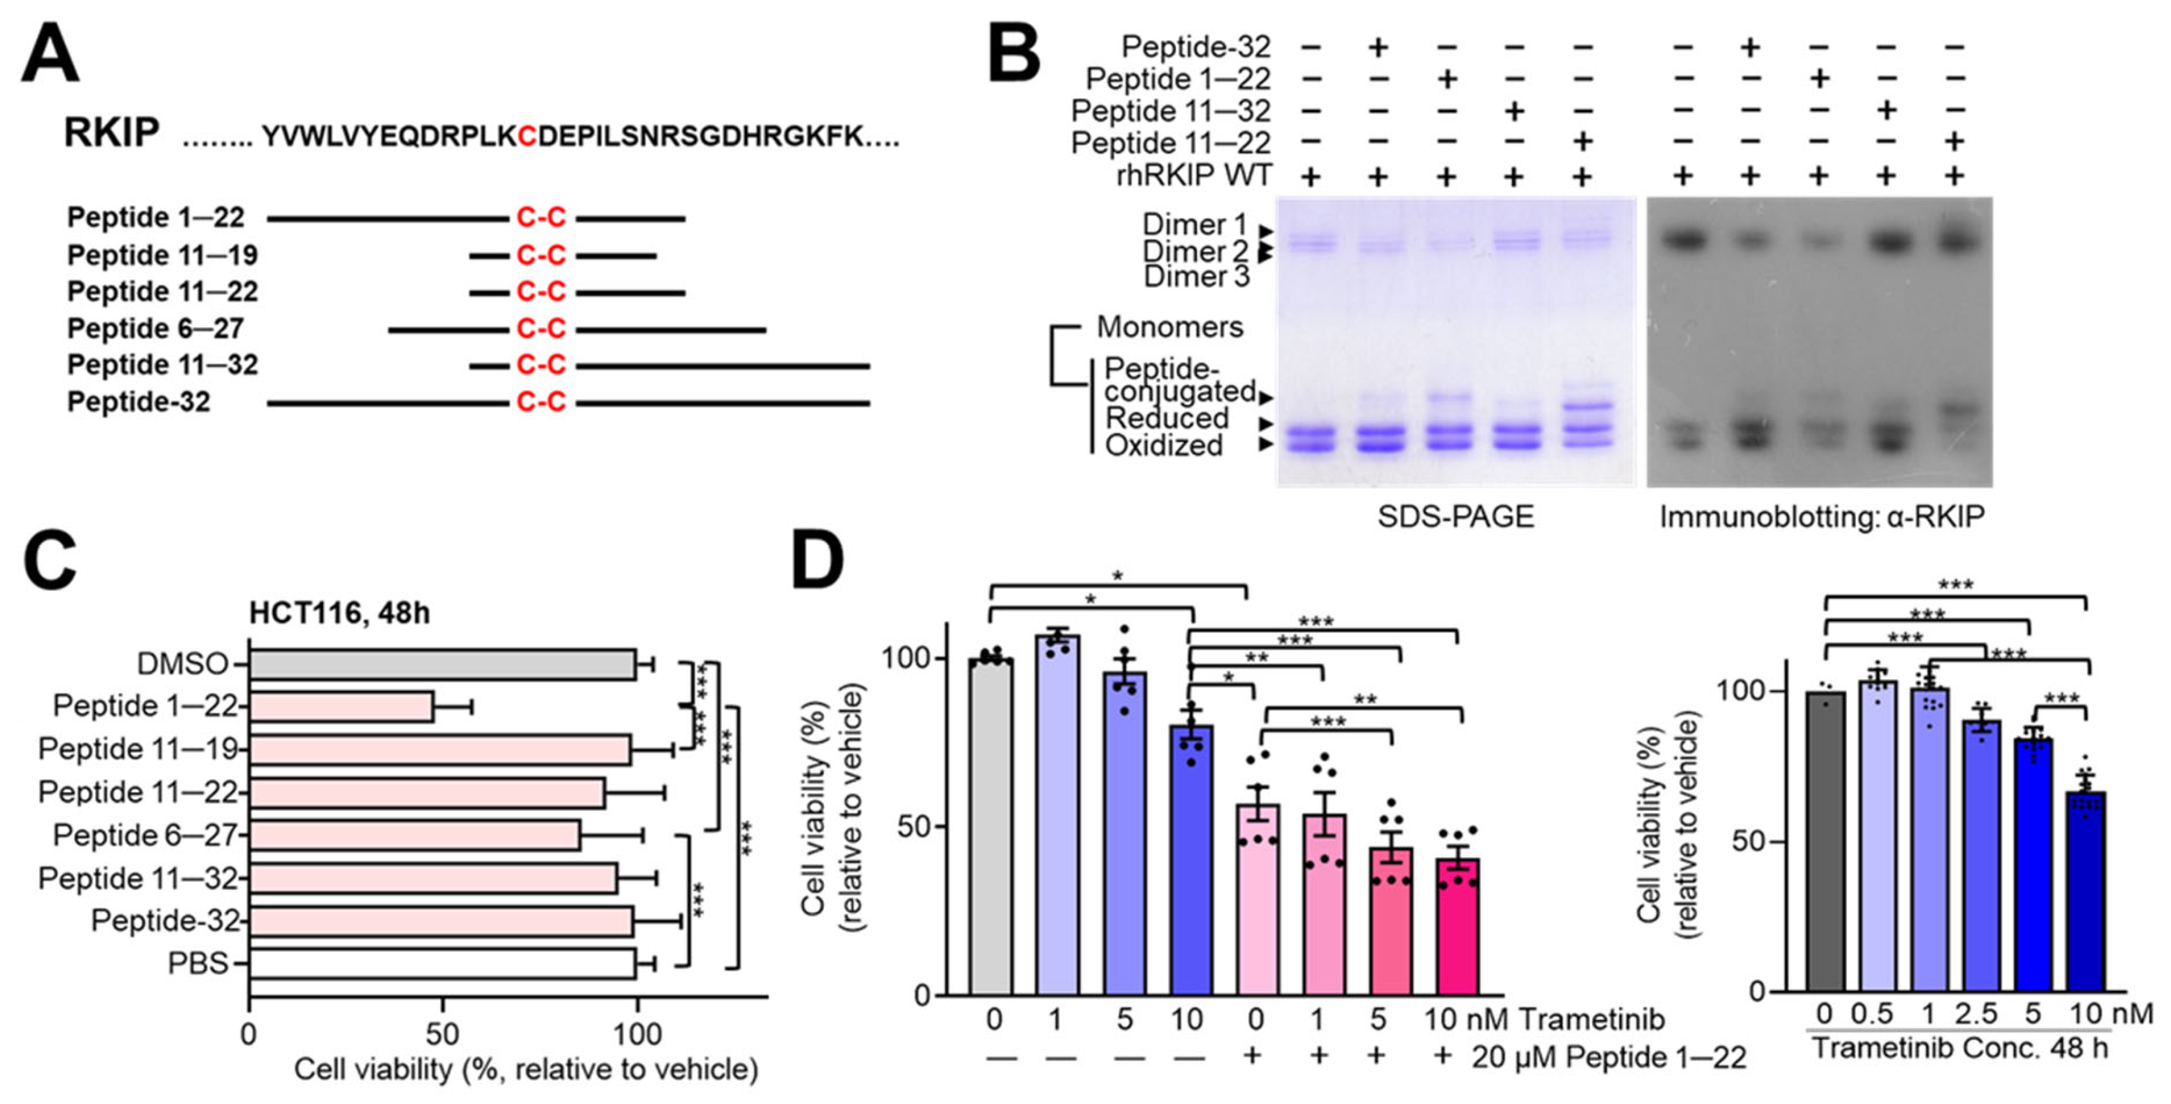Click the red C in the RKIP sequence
coord(527,135)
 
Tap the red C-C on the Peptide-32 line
coord(540,402)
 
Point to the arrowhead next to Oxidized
coord(1265,444)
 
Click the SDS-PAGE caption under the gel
coord(1456,516)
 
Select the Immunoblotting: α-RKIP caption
coord(1821,516)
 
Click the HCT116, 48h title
coord(339,613)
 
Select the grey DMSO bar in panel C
coord(442,664)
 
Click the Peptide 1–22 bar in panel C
coord(342,707)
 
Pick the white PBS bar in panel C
coord(442,963)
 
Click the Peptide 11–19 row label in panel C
coord(140,748)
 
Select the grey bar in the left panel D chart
coord(991,826)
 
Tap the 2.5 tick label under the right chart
coord(1976,1014)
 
